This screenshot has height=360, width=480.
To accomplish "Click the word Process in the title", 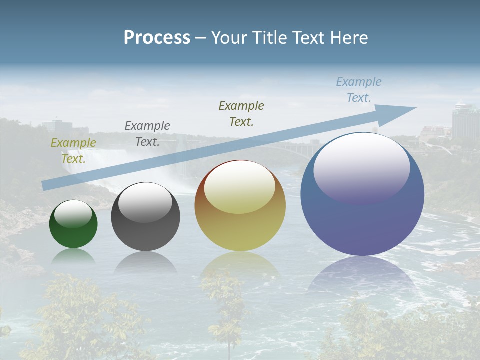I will click(x=157, y=38).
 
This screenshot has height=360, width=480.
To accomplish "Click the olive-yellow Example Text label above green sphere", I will click(x=73, y=150).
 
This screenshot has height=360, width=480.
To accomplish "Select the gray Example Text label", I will click(x=147, y=133).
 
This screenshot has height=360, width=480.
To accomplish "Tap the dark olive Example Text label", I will click(x=241, y=113).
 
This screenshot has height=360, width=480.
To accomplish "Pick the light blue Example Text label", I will click(x=359, y=90).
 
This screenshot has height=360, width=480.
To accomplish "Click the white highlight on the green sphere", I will click(x=73, y=214).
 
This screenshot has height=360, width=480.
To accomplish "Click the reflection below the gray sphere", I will click(x=145, y=262).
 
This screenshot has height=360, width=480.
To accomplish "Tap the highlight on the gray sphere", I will click(x=145, y=202).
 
